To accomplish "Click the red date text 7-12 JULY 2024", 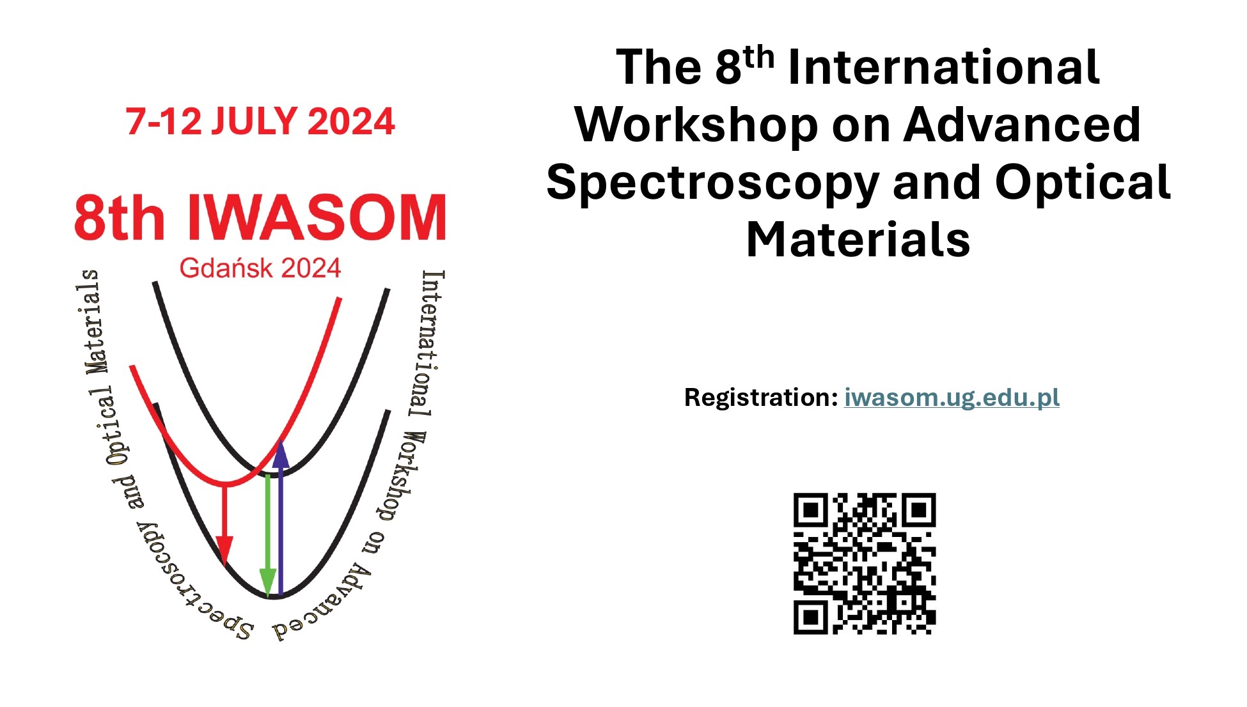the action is (260, 121).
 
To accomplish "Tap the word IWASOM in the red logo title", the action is (317, 217).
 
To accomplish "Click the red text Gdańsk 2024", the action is (260, 268).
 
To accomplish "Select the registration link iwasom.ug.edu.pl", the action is (952, 398).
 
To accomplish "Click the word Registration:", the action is (761, 398).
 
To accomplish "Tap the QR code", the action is (865, 563).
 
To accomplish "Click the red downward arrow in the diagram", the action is (224, 524).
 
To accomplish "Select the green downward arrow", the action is (268, 536).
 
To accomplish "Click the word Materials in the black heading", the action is (858, 240).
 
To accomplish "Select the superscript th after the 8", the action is (758, 58).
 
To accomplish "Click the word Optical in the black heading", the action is (1083, 183).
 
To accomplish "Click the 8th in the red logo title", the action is (120, 217).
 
